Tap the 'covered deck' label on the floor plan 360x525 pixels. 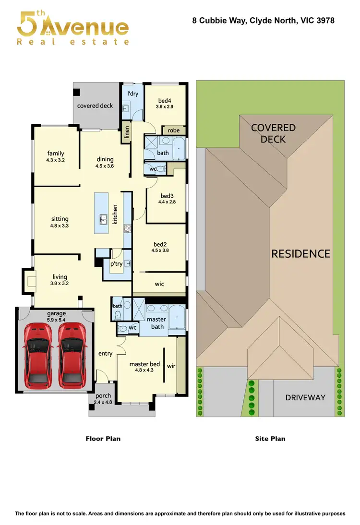click(95, 106)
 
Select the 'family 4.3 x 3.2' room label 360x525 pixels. click(56, 156)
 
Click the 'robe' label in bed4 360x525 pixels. click(174, 130)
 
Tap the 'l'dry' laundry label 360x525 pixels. click(132, 94)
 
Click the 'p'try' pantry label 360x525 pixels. click(116, 263)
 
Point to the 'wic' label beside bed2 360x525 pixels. click(159, 284)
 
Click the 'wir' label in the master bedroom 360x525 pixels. click(171, 366)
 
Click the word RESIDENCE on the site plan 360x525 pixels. click(300, 254)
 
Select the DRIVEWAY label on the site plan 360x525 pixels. click(305, 397)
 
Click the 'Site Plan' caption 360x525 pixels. click(271, 439)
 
